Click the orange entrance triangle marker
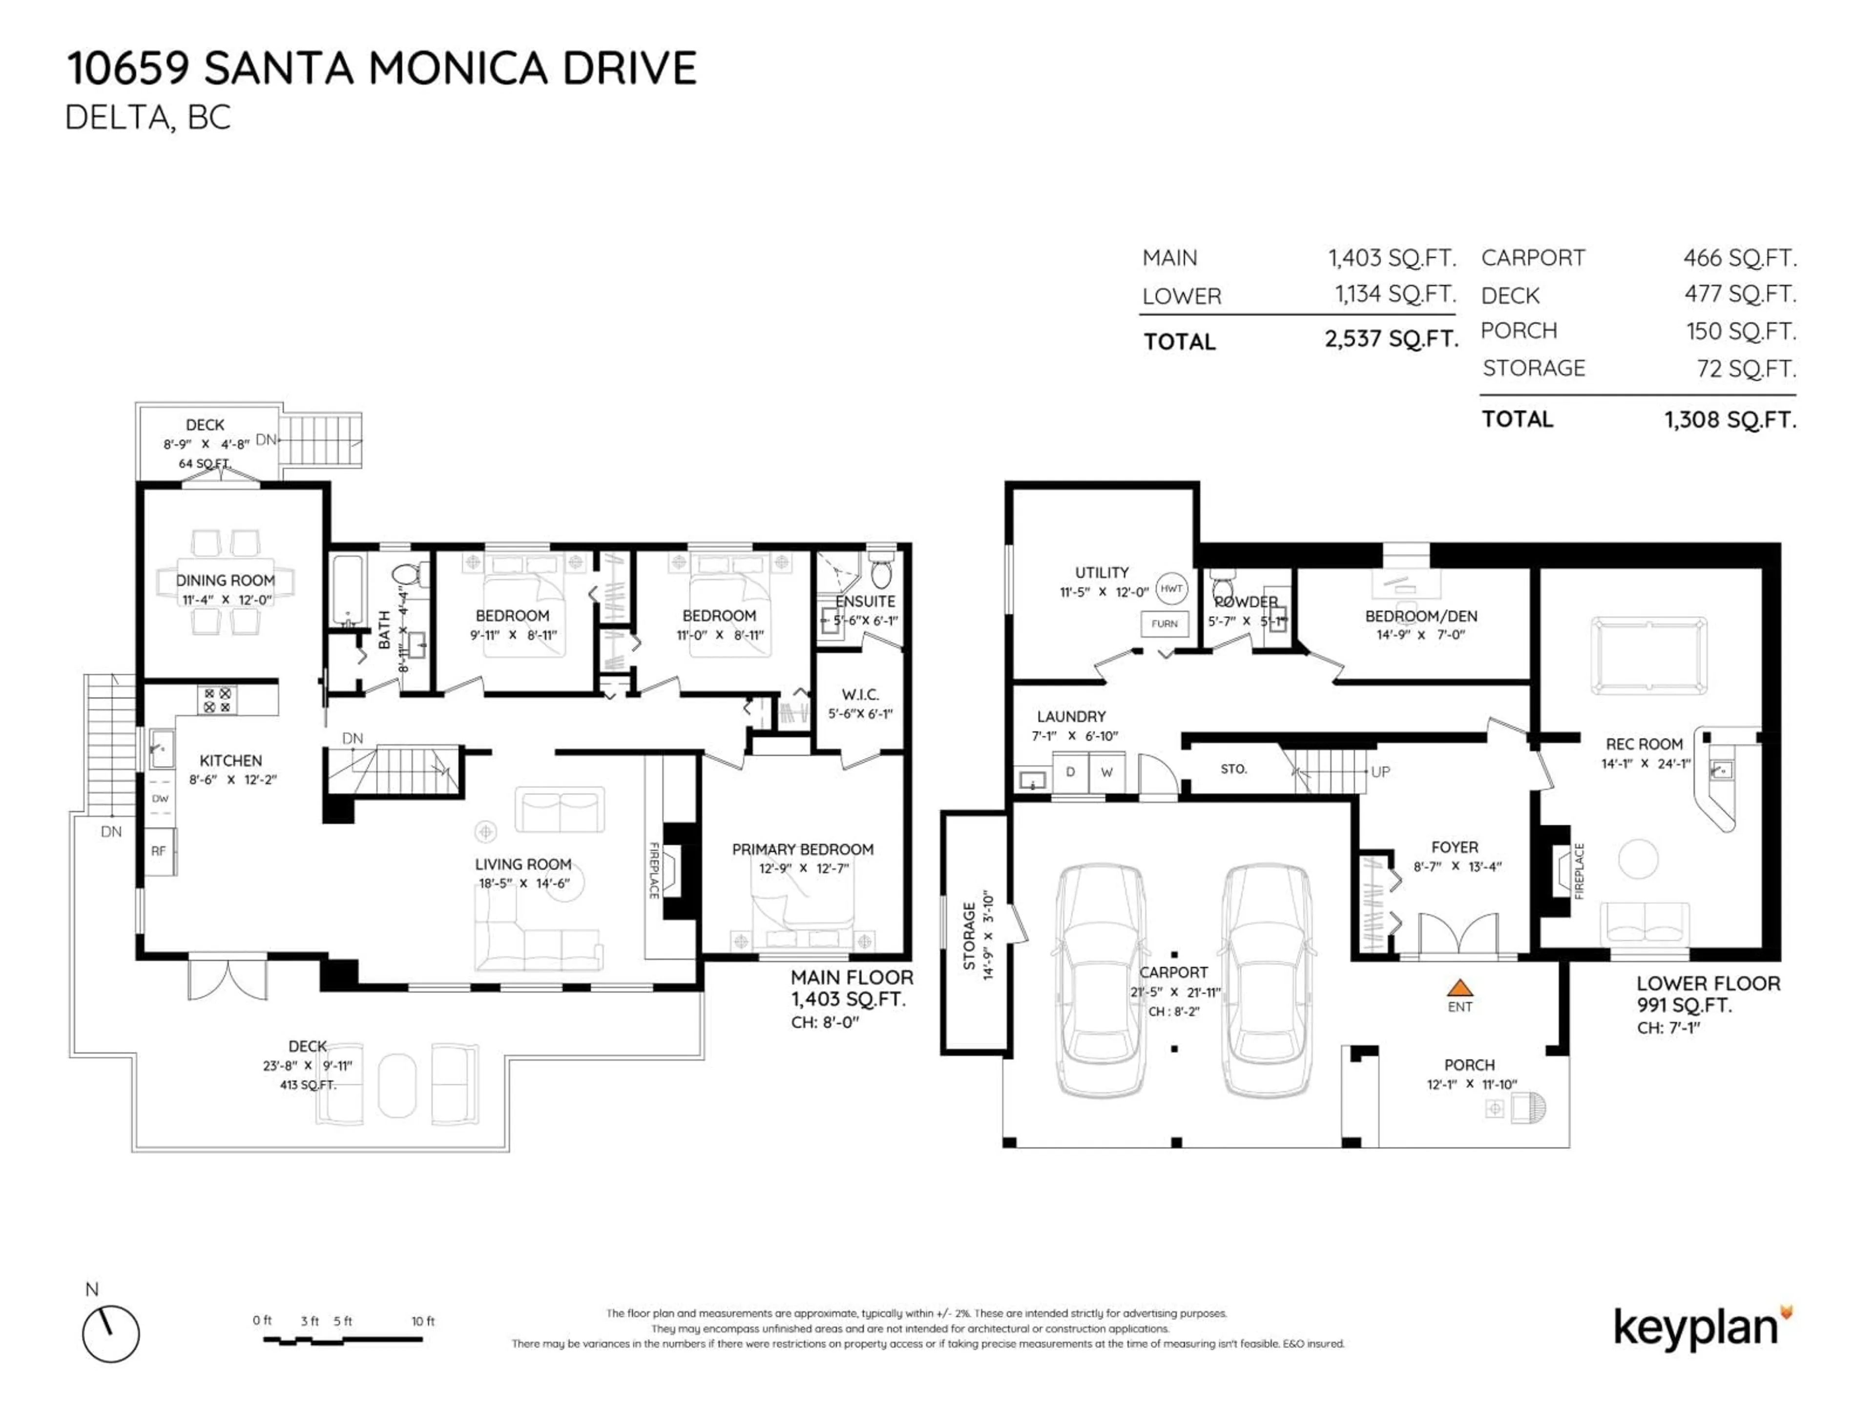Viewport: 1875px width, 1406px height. [1459, 987]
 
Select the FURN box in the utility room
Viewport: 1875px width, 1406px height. [1164, 624]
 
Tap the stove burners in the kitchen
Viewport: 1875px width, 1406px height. [217, 700]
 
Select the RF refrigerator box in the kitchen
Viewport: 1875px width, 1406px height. [159, 851]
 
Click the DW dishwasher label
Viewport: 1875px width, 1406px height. [159, 798]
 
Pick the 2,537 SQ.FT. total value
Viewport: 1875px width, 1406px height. [1391, 339]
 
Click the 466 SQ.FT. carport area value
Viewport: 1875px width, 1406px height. [1739, 258]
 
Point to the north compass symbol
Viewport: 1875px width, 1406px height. [111, 1334]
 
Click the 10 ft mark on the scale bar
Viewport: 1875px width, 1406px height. [422, 1321]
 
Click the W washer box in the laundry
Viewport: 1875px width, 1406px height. [1106, 772]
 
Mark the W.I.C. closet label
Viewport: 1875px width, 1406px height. [859, 695]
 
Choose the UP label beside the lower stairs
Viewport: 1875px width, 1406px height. [1380, 772]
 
